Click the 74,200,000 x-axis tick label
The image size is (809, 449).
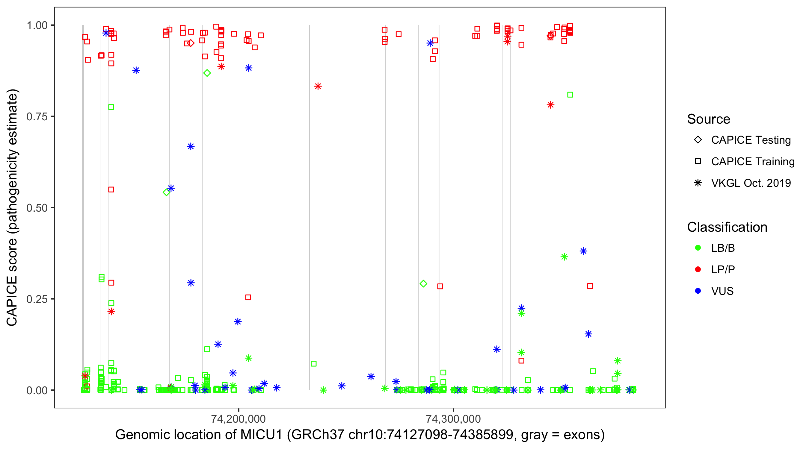coord(239,419)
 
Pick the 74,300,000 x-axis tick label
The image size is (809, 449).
coord(453,419)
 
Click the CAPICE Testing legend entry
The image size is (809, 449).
coord(751,140)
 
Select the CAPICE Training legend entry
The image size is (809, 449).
coord(752,162)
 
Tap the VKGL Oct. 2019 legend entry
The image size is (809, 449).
coord(751,183)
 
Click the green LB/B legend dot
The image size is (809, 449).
coord(698,248)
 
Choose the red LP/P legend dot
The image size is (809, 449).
coord(698,269)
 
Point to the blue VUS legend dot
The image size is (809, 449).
coord(698,291)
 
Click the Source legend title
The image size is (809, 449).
coord(709,119)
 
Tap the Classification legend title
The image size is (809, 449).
coord(727,227)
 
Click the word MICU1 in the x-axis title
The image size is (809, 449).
coord(261,435)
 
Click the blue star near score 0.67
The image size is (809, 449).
coord(191,147)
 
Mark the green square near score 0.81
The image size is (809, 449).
coord(570,95)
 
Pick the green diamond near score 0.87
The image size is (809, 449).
coord(207,73)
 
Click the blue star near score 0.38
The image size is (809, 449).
coord(583,251)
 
